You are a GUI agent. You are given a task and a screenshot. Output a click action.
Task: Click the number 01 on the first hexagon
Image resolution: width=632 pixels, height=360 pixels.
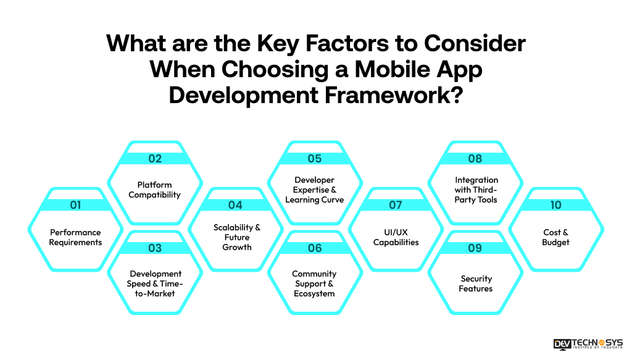pyautogui.click(x=75, y=205)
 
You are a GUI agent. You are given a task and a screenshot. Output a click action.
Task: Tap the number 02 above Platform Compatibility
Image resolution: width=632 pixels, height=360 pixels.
pyautogui.click(x=155, y=159)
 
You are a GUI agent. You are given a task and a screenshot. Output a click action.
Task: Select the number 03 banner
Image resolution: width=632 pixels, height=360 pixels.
pyautogui.click(x=155, y=248)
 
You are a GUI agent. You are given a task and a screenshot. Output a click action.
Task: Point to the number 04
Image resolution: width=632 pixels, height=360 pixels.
pyautogui.click(x=235, y=205)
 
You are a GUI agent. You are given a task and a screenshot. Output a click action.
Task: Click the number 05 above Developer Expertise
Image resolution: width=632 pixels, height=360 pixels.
pyautogui.click(x=315, y=159)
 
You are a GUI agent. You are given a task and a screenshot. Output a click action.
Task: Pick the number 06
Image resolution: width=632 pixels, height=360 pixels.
pyautogui.click(x=315, y=248)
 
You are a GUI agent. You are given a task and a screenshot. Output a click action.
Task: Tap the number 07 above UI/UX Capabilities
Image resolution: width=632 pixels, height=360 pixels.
pyautogui.click(x=396, y=205)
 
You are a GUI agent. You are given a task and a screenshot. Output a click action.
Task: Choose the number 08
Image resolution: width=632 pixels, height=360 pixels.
pyautogui.click(x=475, y=159)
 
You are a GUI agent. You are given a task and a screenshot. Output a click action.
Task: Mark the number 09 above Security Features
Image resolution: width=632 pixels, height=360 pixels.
pyautogui.click(x=475, y=248)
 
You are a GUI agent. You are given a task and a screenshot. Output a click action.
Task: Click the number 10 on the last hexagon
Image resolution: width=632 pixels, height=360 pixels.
pyautogui.click(x=555, y=205)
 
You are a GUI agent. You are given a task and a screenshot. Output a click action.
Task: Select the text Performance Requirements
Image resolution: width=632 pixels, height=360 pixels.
pyautogui.click(x=75, y=237)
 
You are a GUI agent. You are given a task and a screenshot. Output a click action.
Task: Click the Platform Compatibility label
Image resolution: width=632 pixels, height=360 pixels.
pyautogui.click(x=155, y=190)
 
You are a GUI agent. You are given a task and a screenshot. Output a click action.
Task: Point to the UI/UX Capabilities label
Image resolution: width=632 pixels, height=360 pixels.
pyautogui.click(x=396, y=237)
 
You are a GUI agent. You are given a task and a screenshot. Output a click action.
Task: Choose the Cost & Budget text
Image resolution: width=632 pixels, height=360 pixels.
pyautogui.click(x=555, y=237)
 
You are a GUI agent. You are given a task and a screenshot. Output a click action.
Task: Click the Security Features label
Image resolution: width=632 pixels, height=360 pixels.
pyautogui.click(x=475, y=283)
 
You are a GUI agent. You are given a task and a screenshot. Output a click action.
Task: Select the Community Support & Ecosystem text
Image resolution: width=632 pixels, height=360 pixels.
pyautogui.click(x=315, y=283)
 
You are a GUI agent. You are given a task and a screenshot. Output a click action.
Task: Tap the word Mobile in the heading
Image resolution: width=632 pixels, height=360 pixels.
pyautogui.click(x=394, y=70)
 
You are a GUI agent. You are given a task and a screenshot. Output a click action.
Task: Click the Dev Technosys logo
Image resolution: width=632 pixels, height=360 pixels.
pyautogui.click(x=588, y=344)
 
